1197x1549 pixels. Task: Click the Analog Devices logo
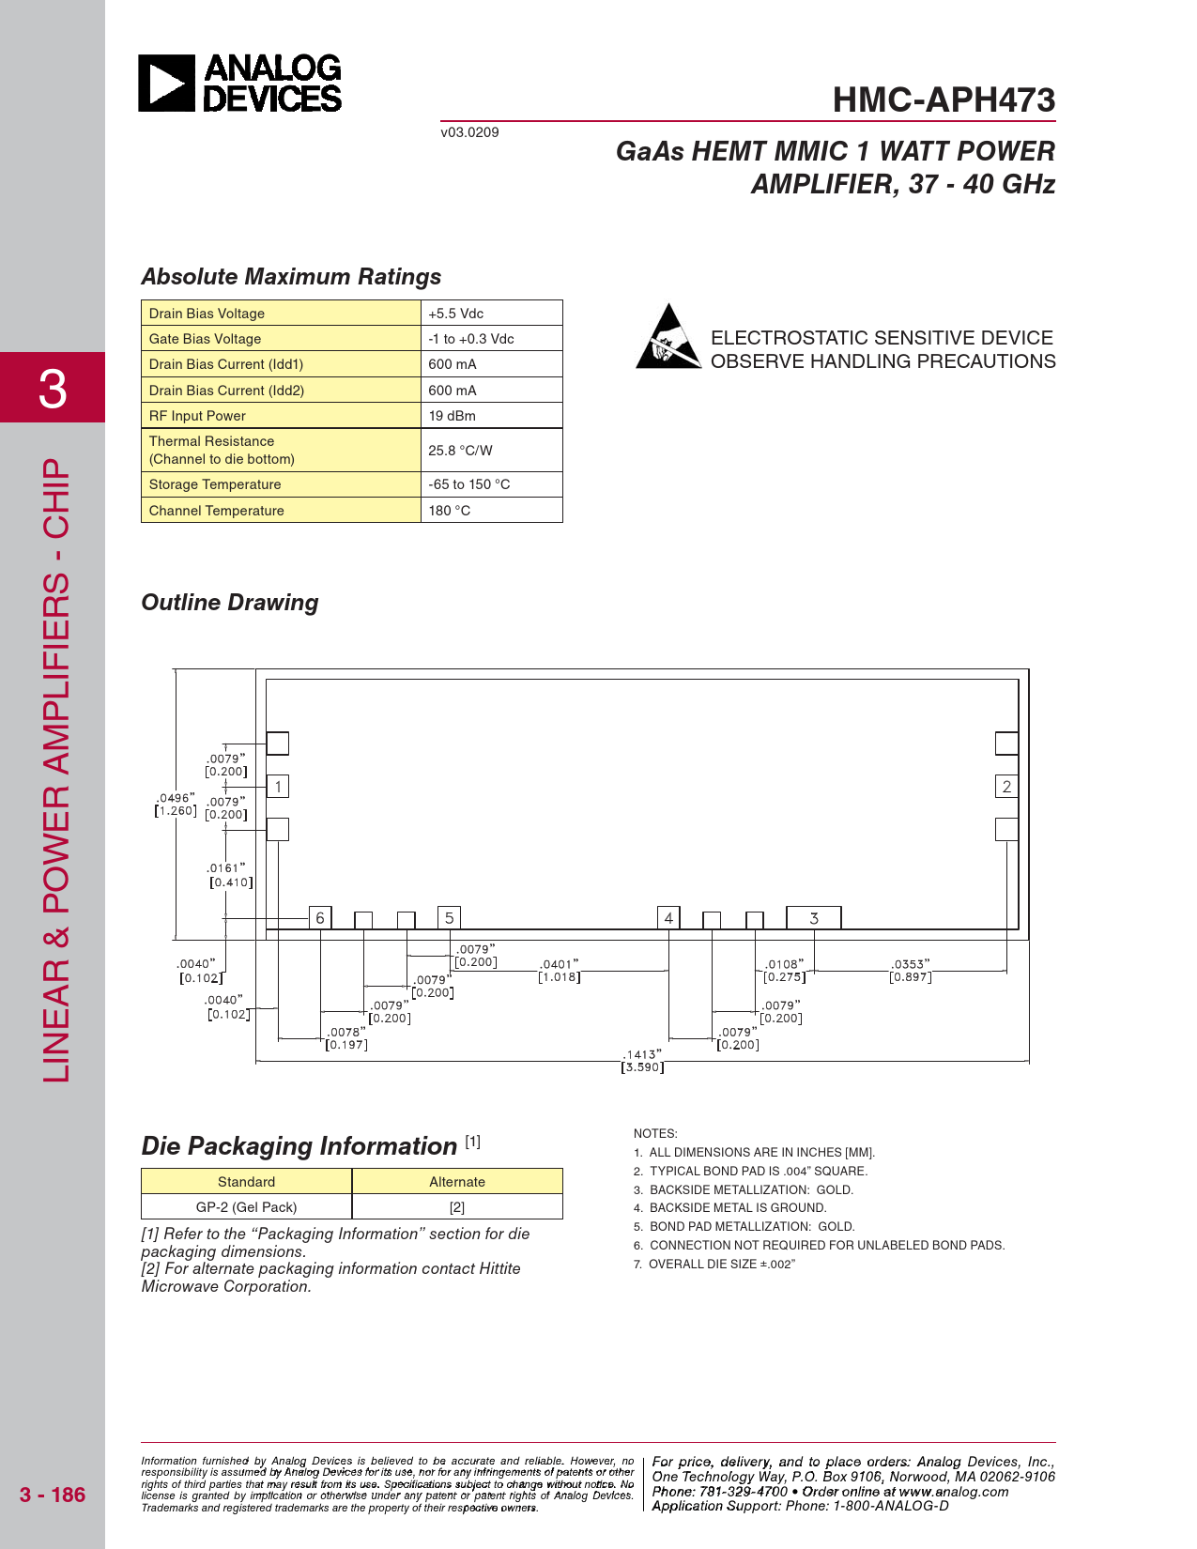[239, 84]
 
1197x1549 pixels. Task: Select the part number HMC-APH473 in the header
[944, 100]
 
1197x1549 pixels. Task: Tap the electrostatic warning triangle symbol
[668, 337]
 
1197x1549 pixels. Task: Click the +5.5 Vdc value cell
[491, 314]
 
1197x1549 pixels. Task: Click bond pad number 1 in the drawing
[278, 787]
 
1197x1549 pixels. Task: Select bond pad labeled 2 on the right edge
[1006, 787]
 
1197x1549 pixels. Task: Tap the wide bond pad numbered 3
[813, 918]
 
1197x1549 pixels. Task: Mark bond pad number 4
[668, 918]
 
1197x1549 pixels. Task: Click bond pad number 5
[449, 918]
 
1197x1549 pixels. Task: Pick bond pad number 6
[320, 918]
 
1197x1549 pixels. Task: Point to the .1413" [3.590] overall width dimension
[642, 1061]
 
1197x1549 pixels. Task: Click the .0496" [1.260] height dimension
[176, 805]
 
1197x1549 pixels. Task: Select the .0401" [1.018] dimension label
[560, 971]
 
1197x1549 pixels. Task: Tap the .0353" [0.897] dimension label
[911, 971]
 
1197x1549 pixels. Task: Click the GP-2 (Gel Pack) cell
[246, 1207]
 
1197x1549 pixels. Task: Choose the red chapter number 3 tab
[53, 388]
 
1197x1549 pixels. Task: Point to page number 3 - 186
[53, 1495]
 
